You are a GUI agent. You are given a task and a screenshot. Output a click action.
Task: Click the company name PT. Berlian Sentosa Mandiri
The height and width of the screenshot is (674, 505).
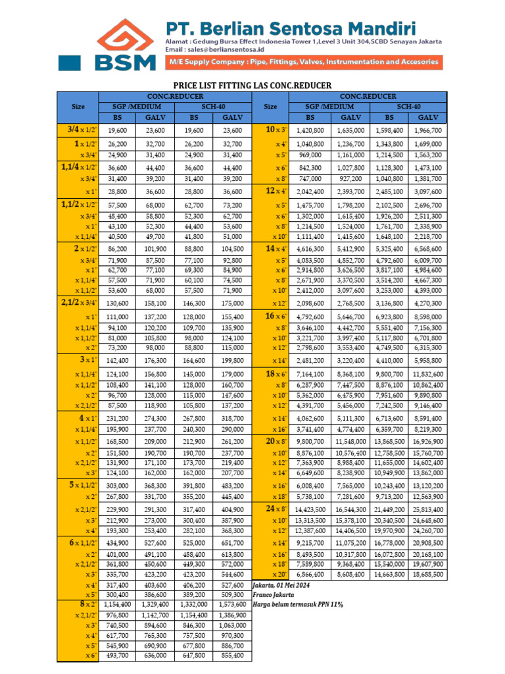click(290, 28)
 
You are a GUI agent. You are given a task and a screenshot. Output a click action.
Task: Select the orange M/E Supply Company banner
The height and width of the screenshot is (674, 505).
click(302, 62)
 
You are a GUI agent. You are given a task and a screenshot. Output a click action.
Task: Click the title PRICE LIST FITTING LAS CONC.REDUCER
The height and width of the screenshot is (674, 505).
click(252, 86)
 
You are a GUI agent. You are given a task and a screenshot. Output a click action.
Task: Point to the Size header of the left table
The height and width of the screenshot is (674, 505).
click(78, 106)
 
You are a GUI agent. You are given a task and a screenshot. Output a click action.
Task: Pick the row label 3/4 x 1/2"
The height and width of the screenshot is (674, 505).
click(78, 130)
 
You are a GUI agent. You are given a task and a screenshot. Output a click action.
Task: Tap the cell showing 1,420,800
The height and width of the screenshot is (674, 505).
click(310, 130)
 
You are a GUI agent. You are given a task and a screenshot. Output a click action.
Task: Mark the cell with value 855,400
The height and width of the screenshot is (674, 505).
click(233, 656)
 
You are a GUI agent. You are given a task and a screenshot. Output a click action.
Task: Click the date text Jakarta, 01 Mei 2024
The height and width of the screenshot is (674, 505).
click(281, 585)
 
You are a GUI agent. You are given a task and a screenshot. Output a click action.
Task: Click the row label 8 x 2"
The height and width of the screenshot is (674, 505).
click(78, 603)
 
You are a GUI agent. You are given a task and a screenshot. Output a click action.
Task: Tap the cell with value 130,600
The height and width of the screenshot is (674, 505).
click(117, 303)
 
